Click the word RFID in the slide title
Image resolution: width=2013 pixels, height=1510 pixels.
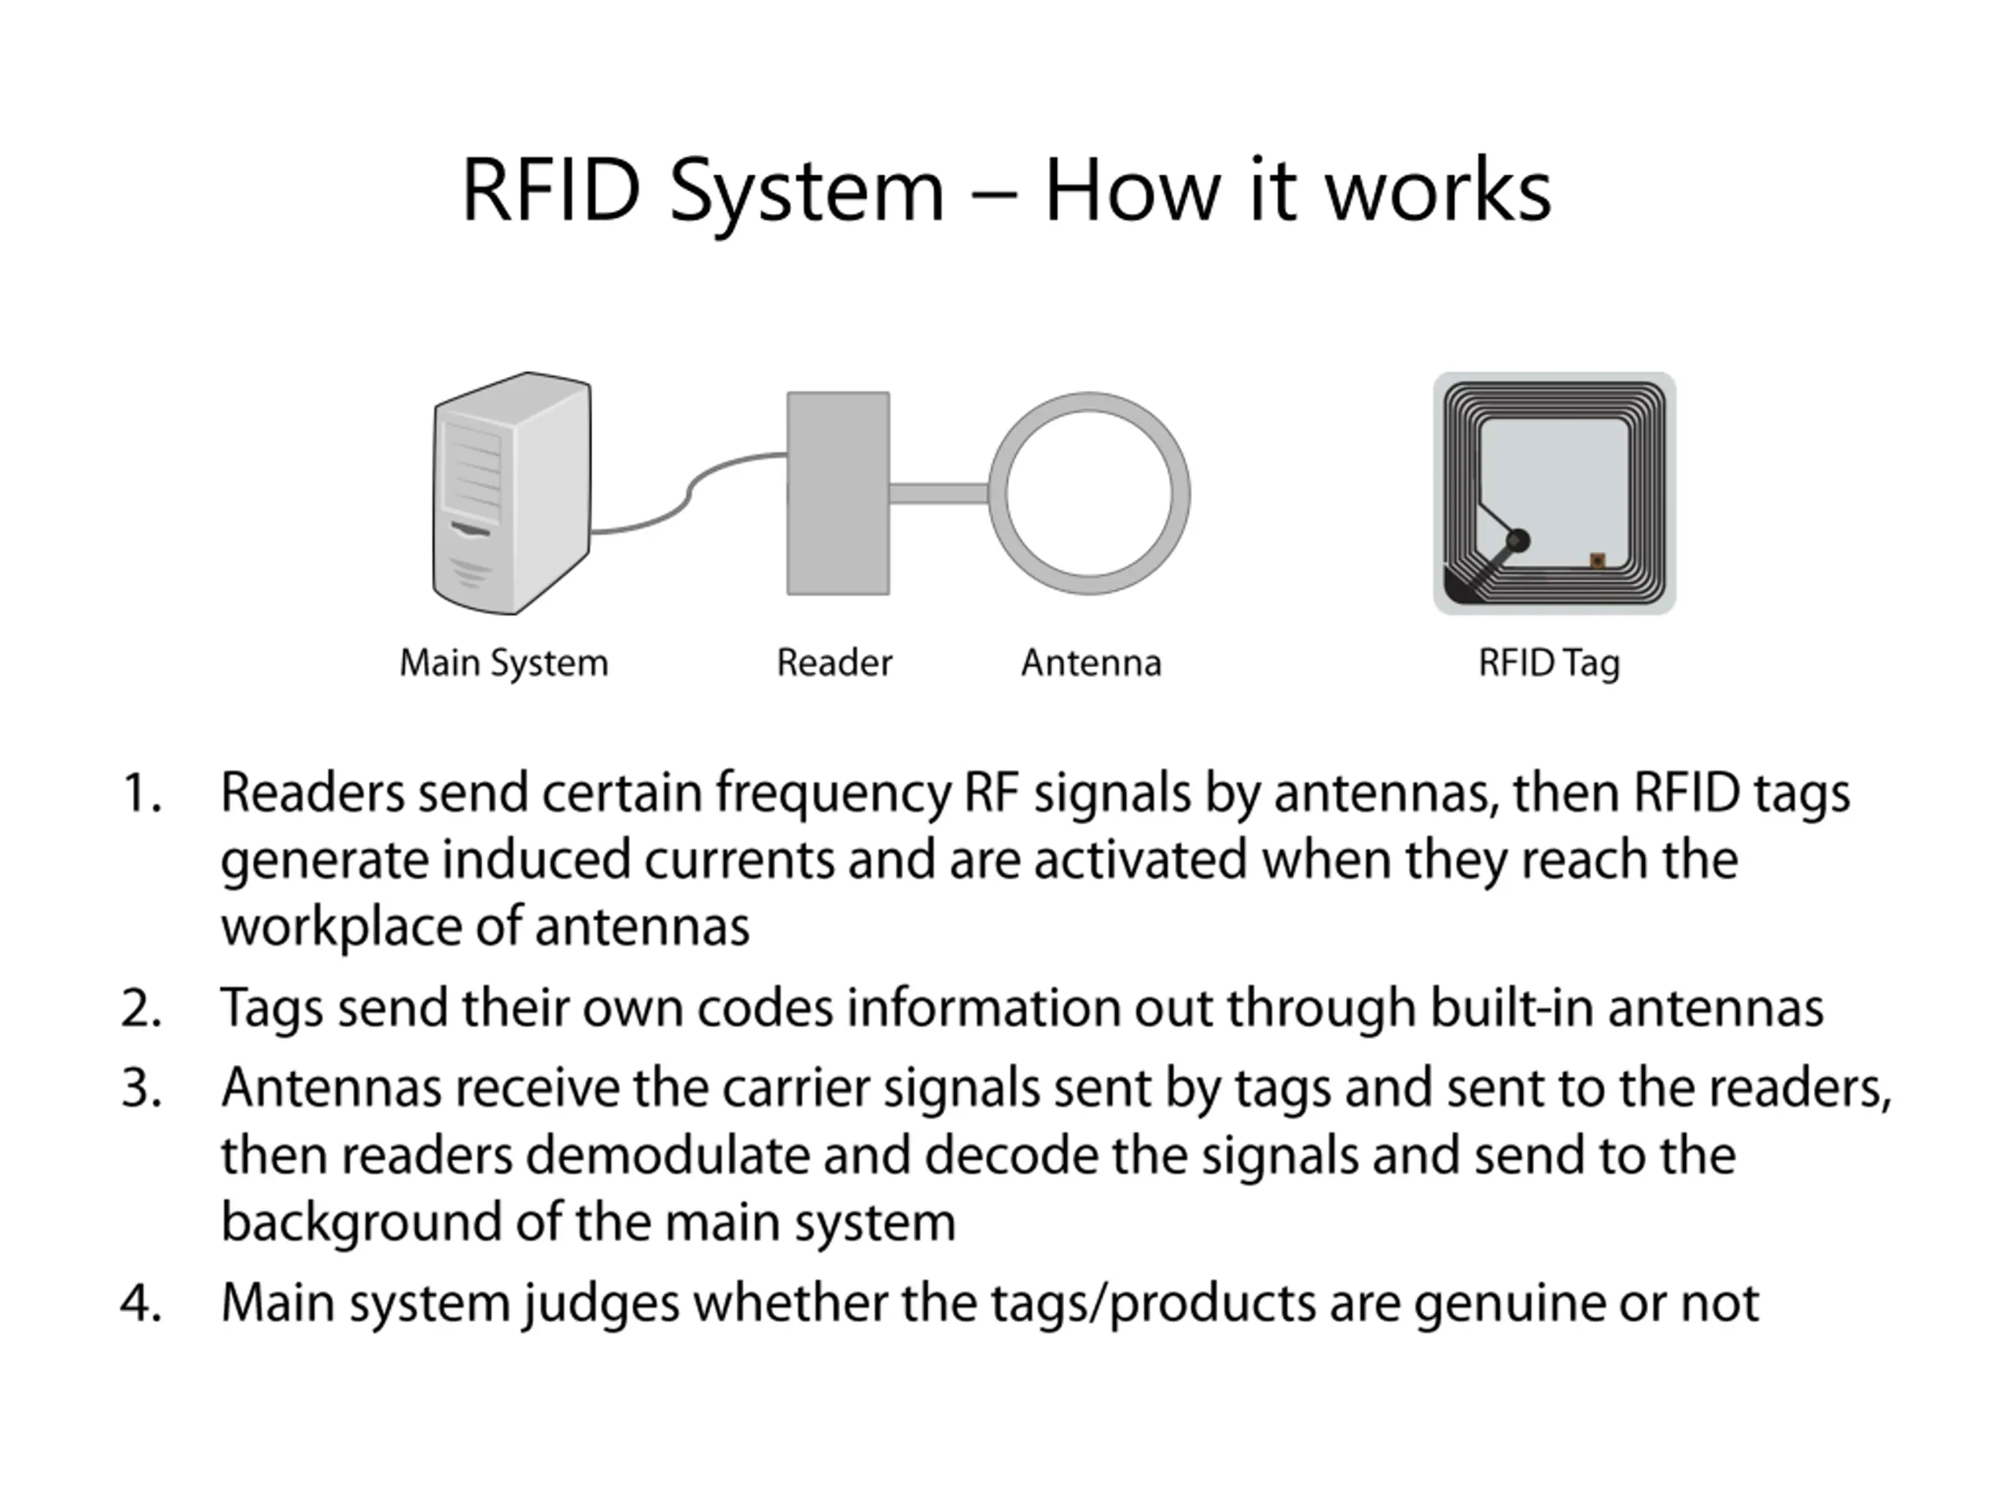pyautogui.click(x=550, y=190)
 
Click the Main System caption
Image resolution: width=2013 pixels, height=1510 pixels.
pyautogui.click(x=503, y=664)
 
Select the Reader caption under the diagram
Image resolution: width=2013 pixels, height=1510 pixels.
pyautogui.click(x=834, y=663)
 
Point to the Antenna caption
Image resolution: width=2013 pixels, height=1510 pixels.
pyautogui.click(x=1091, y=663)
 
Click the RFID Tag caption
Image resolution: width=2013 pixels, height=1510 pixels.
pyautogui.click(x=1549, y=664)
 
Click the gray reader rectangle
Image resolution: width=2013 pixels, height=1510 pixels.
pyautogui.click(x=838, y=493)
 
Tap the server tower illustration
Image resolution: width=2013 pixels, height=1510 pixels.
pyautogui.click(x=511, y=492)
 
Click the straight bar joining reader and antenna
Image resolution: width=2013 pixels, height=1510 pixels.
pyautogui.click(x=939, y=493)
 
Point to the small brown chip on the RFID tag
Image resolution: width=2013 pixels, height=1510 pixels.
pyautogui.click(x=1596, y=560)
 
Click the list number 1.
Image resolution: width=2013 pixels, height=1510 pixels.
pyautogui.click(x=141, y=793)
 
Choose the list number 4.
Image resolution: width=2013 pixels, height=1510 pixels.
pyautogui.click(x=141, y=1302)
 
